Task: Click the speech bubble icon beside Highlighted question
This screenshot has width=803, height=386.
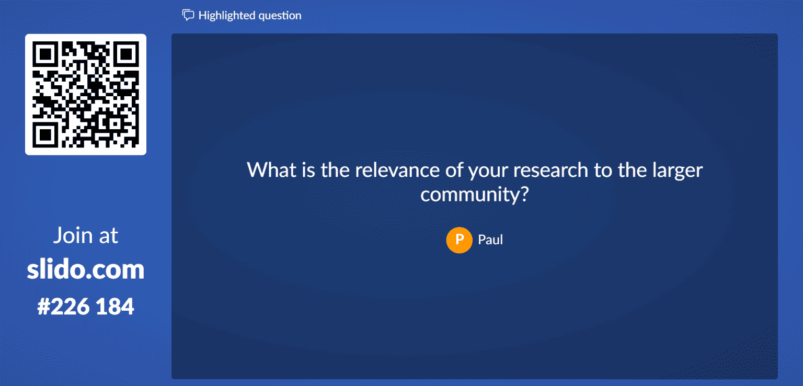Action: click(188, 15)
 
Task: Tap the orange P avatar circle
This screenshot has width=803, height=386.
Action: click(459, 240)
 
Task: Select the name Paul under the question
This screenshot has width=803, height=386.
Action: click(490, 240)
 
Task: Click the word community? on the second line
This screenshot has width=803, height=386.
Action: click(476, 194)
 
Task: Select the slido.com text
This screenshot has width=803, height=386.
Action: click(86, 270)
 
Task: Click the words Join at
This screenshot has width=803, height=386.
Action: click(86, 236)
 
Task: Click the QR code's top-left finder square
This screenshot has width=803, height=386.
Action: click(46, 55)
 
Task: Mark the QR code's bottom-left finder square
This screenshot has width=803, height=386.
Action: click(46, 134)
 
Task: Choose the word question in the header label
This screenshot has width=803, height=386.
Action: click(277, 16)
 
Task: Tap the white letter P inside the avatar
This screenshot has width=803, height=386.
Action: click(459, 240)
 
